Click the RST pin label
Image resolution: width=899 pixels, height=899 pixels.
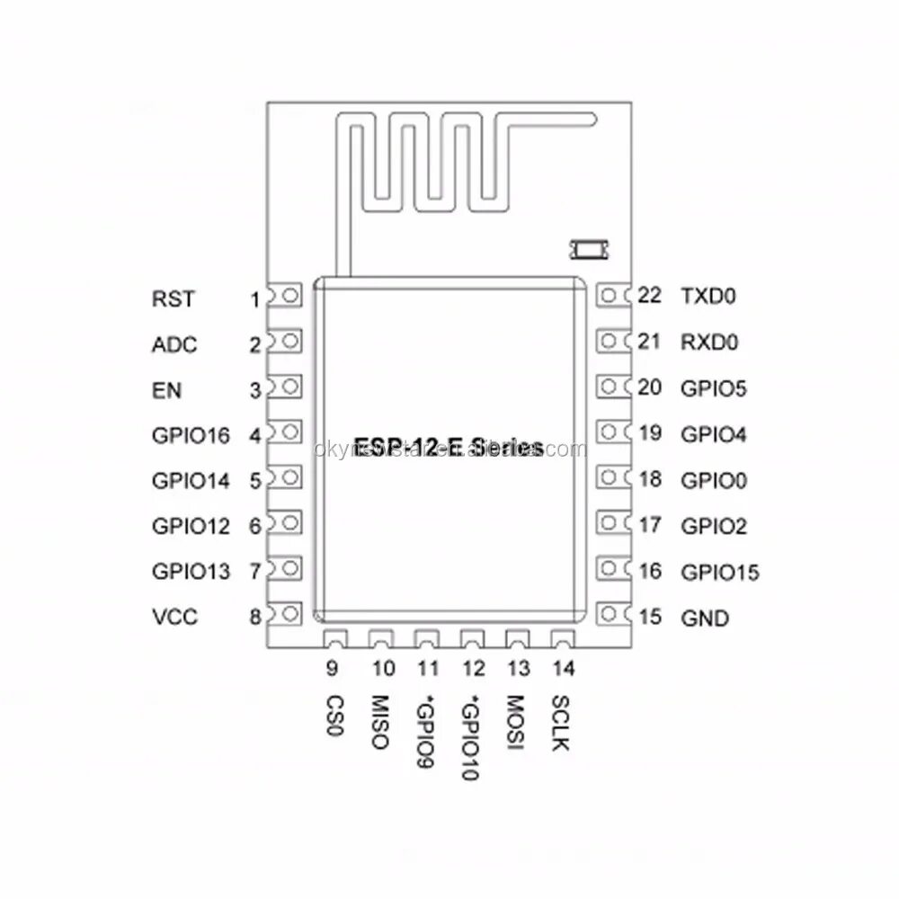point(174,299)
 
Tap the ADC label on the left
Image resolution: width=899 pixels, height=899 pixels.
point(175,345)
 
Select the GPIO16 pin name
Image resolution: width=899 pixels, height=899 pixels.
point(191,436)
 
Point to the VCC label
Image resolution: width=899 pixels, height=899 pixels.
point(175,618)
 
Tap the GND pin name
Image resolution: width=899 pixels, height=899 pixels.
point(705,619)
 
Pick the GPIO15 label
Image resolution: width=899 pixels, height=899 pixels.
point(720,572)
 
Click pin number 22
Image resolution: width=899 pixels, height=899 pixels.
point(648,295)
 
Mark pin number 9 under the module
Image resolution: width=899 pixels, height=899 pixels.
point(332,668)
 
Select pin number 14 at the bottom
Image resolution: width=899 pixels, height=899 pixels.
point(564,668)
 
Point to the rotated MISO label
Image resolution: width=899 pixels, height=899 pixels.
point(378,723)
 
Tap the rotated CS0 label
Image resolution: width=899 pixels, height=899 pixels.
point(333,717)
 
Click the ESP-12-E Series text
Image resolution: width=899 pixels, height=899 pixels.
point(449,446)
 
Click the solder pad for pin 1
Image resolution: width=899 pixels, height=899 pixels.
point(289,296)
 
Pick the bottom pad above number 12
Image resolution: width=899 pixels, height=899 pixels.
point(471,639)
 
